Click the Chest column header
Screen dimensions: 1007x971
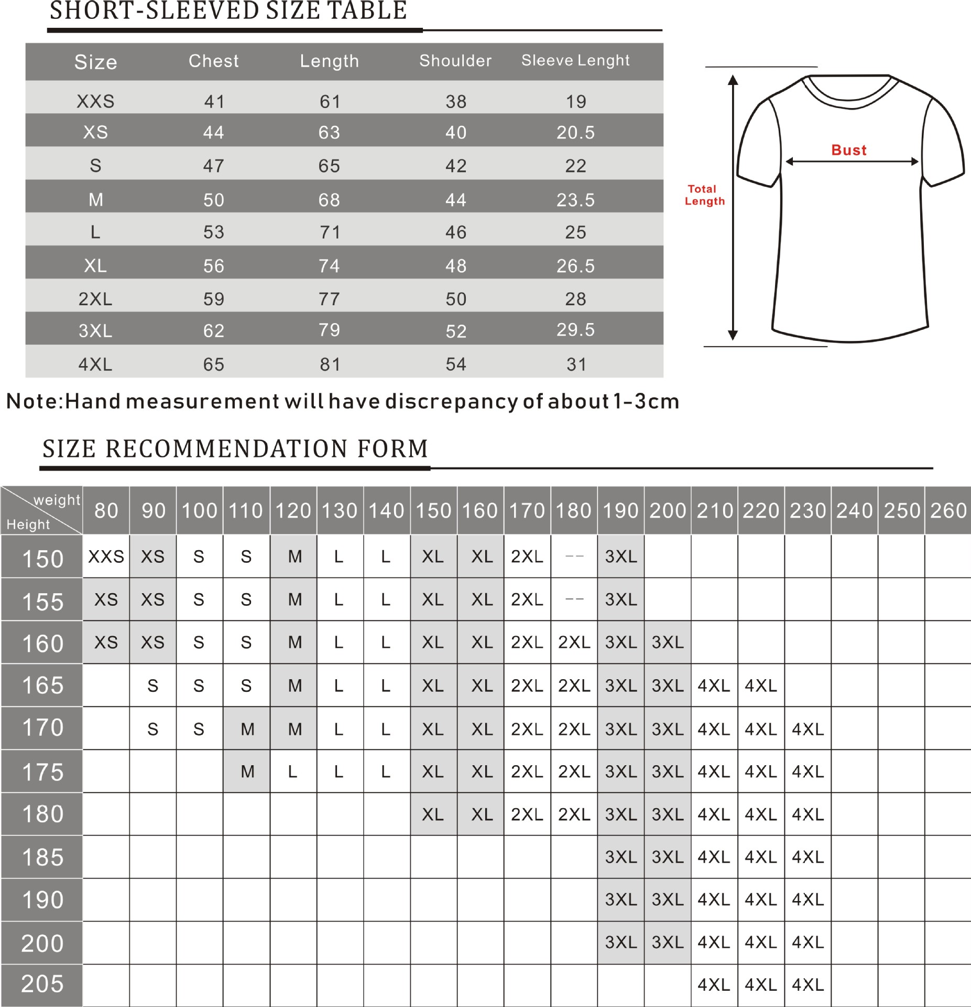(x=213, y=61)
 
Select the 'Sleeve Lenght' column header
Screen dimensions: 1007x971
(x=575, y=61)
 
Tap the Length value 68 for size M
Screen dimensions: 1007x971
(x=329, y=200)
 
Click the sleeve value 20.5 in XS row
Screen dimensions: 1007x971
(x=575, y=133)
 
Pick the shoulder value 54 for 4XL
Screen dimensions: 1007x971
(x=456, y=365)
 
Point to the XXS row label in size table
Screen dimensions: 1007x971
(x=95, y=101)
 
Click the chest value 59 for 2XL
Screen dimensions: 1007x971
(x=213, y=299)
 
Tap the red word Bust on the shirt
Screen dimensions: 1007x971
(x=849, y=151)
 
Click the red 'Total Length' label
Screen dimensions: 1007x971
(x=704, y=195)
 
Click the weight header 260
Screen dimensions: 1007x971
(x=948, y=510)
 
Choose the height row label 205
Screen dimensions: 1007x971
(x=42, y=984)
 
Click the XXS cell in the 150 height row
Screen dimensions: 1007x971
(x=106, y=556)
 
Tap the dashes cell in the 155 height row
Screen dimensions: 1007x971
(x=574, y=599)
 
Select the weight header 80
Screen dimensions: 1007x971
(x=106, y=510)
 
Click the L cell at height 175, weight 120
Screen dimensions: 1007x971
(x=293, y=772)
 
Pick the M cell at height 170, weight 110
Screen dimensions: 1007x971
(x=247, y=729)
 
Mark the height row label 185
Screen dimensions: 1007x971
(x=42, y=857)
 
